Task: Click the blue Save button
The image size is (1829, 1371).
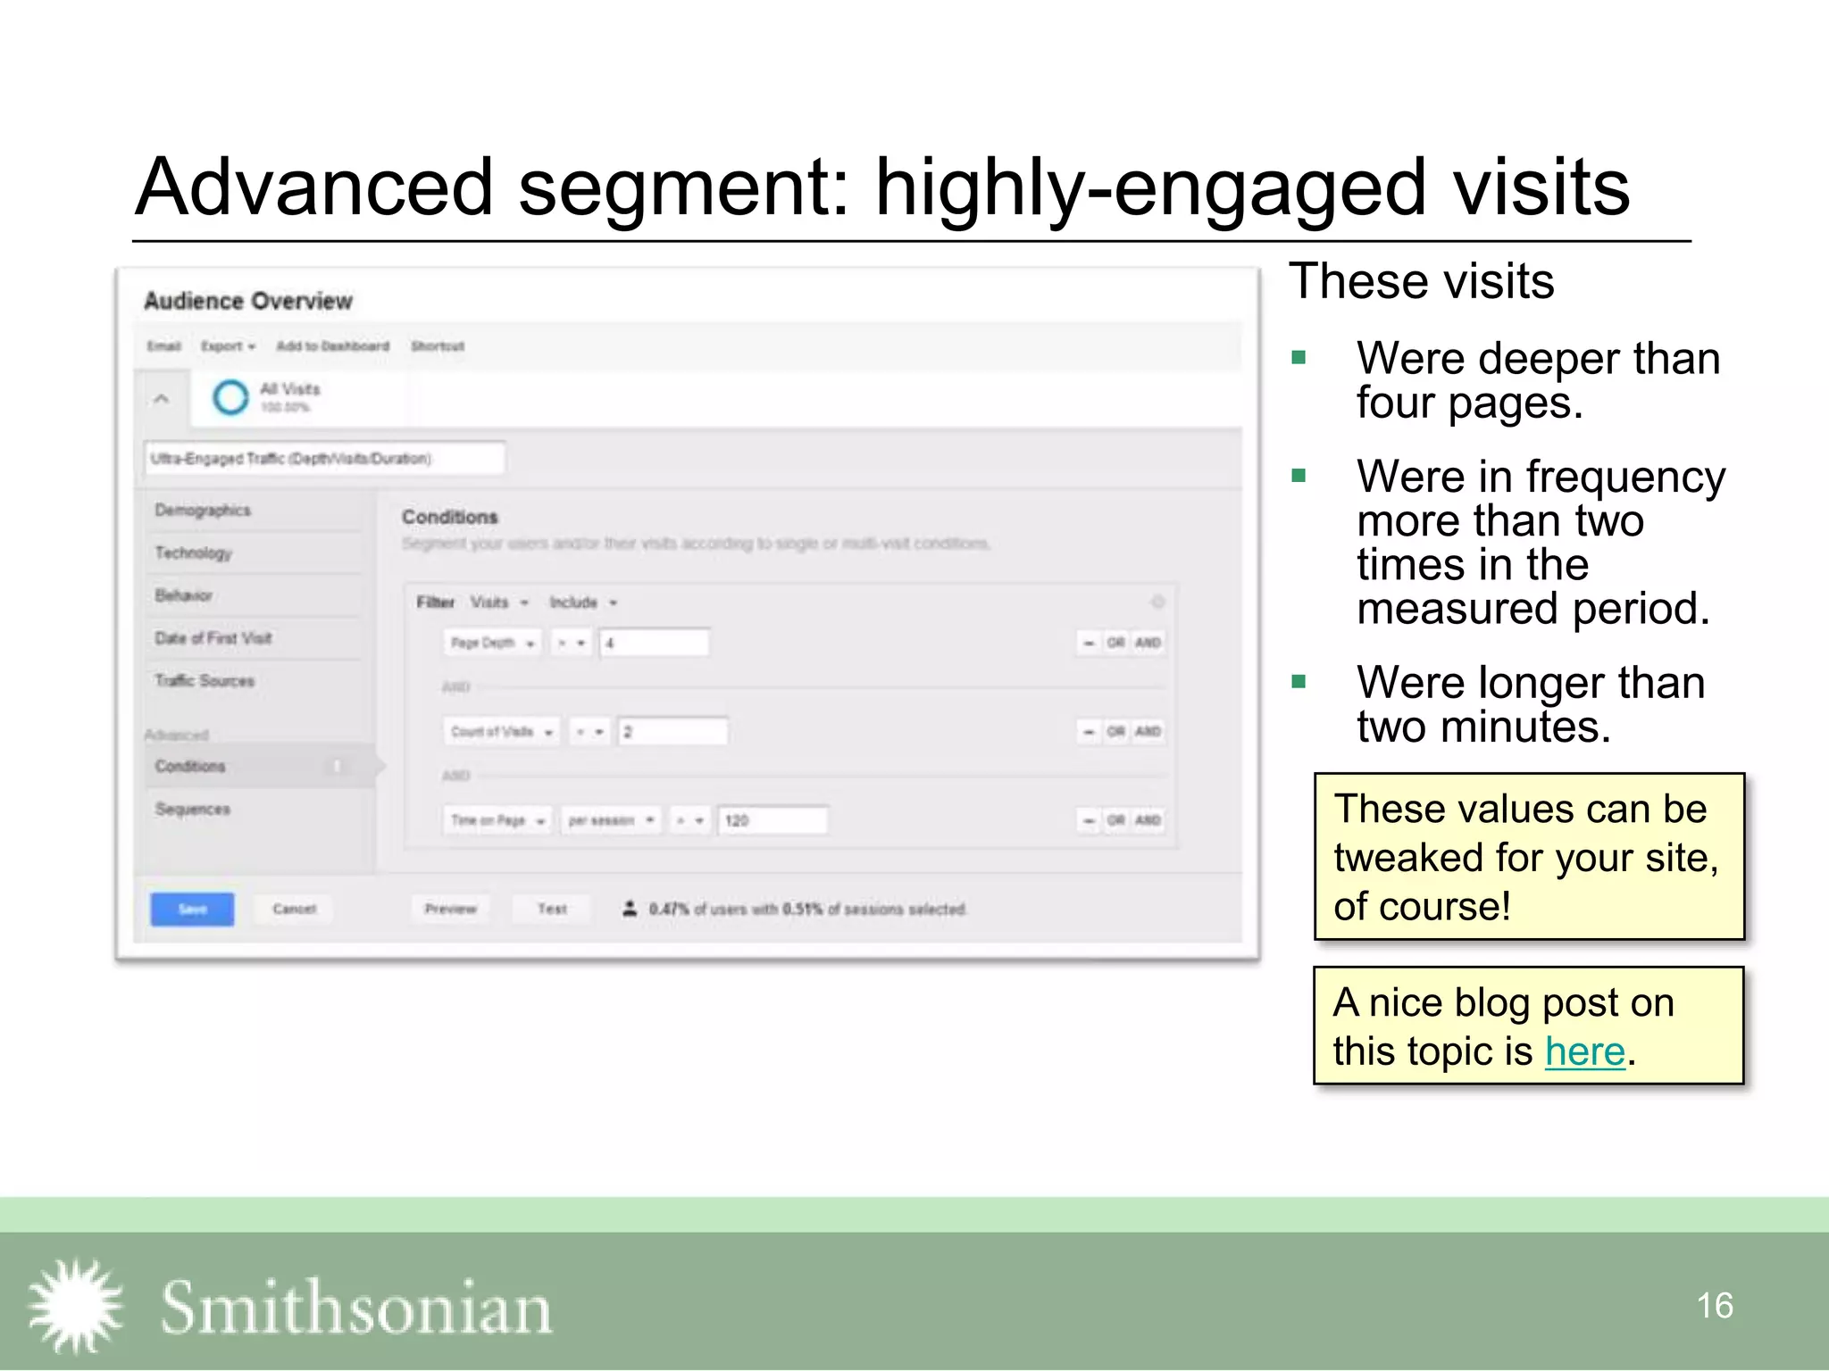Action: click(192, 909)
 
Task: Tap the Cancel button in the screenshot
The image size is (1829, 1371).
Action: click(294, 909)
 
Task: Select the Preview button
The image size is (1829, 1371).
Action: click(451, 909)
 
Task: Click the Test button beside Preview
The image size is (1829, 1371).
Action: click(552, 909)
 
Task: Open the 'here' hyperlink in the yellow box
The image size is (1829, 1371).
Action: click(1584, 1051)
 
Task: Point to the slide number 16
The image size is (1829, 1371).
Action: click(1714, 1306)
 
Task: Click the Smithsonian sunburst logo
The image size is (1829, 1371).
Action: click(76, 1305)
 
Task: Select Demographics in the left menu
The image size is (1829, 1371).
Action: click(203, 511)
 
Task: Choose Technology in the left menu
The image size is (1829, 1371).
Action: click(193, 553)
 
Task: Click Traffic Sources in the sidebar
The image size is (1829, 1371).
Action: click(205, 681)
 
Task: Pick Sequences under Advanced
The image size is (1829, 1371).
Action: click(193, 810)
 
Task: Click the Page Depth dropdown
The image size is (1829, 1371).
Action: click(491, 643)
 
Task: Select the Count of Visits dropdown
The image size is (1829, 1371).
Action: click(501, 732)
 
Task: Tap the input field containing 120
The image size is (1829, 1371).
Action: click(773, 820)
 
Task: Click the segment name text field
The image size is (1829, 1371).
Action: click(324, 459)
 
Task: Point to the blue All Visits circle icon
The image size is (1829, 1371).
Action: click(230, 397)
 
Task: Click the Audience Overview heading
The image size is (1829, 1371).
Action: click(248, 302)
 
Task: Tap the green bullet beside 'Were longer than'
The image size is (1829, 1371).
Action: click(1299, 683)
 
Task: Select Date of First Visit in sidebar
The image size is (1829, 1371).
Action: click(213, 638)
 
